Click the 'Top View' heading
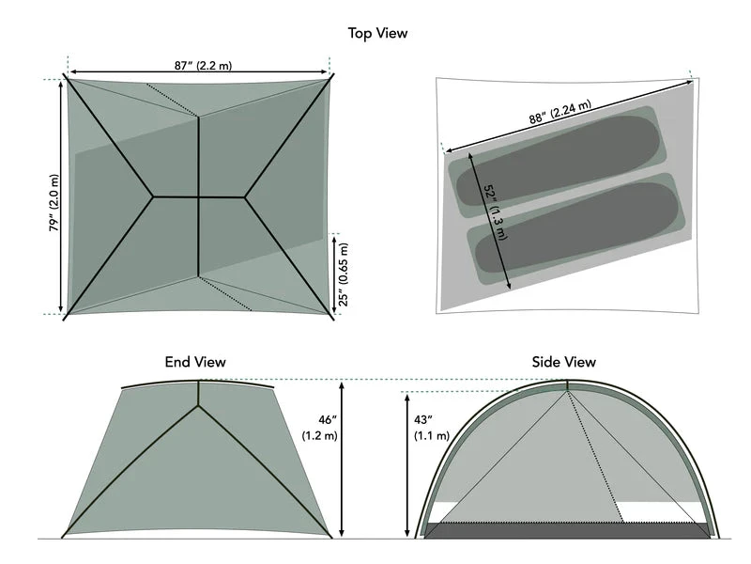[377, 34]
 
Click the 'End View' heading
[195, 362]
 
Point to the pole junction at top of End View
[198, 404]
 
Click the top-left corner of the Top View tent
[68, 76]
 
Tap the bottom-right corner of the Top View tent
[331, 317]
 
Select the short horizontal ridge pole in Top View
[198, 197]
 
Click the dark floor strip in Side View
[567, 531]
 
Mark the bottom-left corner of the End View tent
[63, 537]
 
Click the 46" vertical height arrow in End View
[343, 461]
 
